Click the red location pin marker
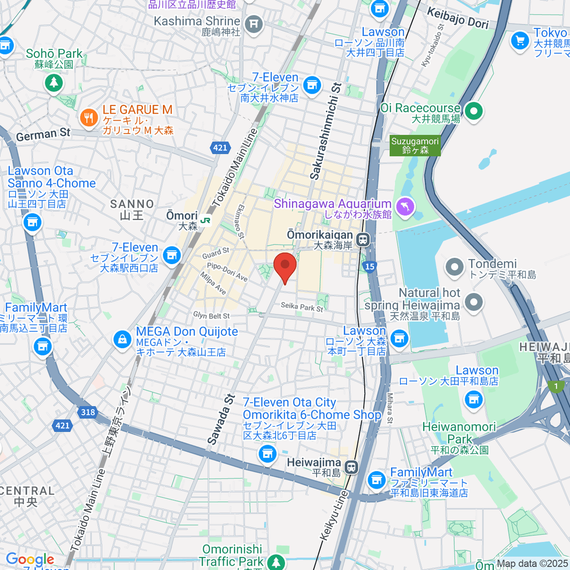[285, 266]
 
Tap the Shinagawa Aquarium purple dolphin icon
[405, 208]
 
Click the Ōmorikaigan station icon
[363, 239]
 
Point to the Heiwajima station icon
[351, 467]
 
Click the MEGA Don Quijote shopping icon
[123, 339]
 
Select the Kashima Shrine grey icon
[254, 23]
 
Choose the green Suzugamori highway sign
[415, 146]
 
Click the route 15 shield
[370, 266]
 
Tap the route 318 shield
[87, 412]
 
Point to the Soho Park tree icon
[54, 83]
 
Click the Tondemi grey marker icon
[455, 267]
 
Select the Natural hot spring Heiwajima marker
[473, 302]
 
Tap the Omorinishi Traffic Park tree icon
[275, 562]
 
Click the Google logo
[29, 560]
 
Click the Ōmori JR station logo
[205, 220]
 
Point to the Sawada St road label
[221, 419]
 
